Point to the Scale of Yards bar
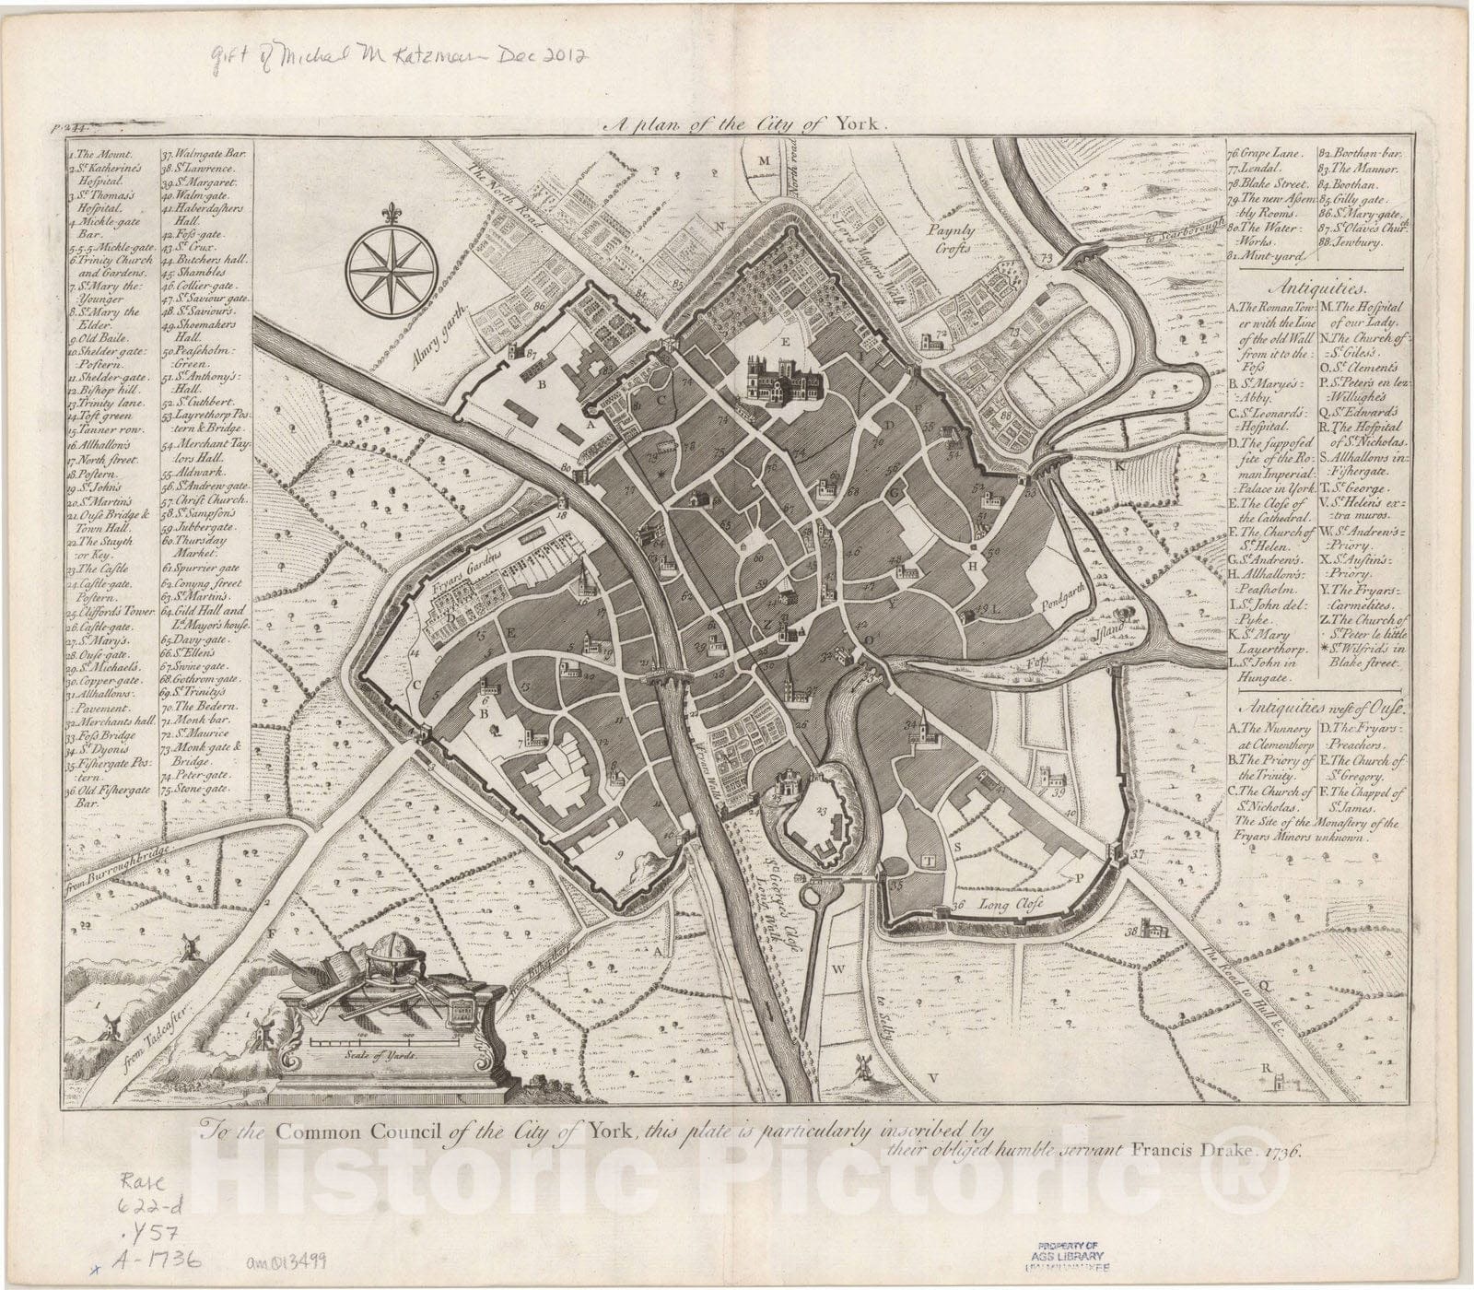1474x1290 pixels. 384,1040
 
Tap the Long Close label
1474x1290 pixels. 1009,904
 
